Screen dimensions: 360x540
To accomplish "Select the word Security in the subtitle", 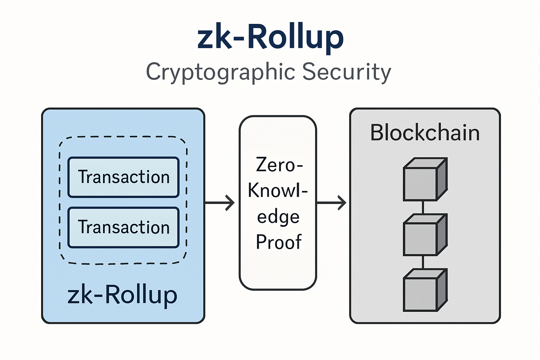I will coord(346,72).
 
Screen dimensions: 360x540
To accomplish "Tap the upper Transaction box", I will coord(123,177).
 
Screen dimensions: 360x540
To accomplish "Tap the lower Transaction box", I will coord(123,227).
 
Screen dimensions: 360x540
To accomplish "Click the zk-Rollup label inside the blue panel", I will coord(122,295).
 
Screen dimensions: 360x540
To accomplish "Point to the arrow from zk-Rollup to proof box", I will coord(220,203).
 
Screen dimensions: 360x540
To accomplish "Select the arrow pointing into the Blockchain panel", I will coord(332,203).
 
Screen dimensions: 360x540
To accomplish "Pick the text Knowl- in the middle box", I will coord(278,191).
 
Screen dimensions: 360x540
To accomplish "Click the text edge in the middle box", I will coord(278,217).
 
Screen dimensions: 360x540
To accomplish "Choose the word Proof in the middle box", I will coord(278,242).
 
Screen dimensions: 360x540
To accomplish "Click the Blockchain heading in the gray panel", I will coord(425,133).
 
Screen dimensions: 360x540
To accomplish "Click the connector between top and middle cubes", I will coord(423,207).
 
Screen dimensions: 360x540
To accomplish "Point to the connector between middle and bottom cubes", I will coord(423,262).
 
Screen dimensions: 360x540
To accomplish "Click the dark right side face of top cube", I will coord(442,179).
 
